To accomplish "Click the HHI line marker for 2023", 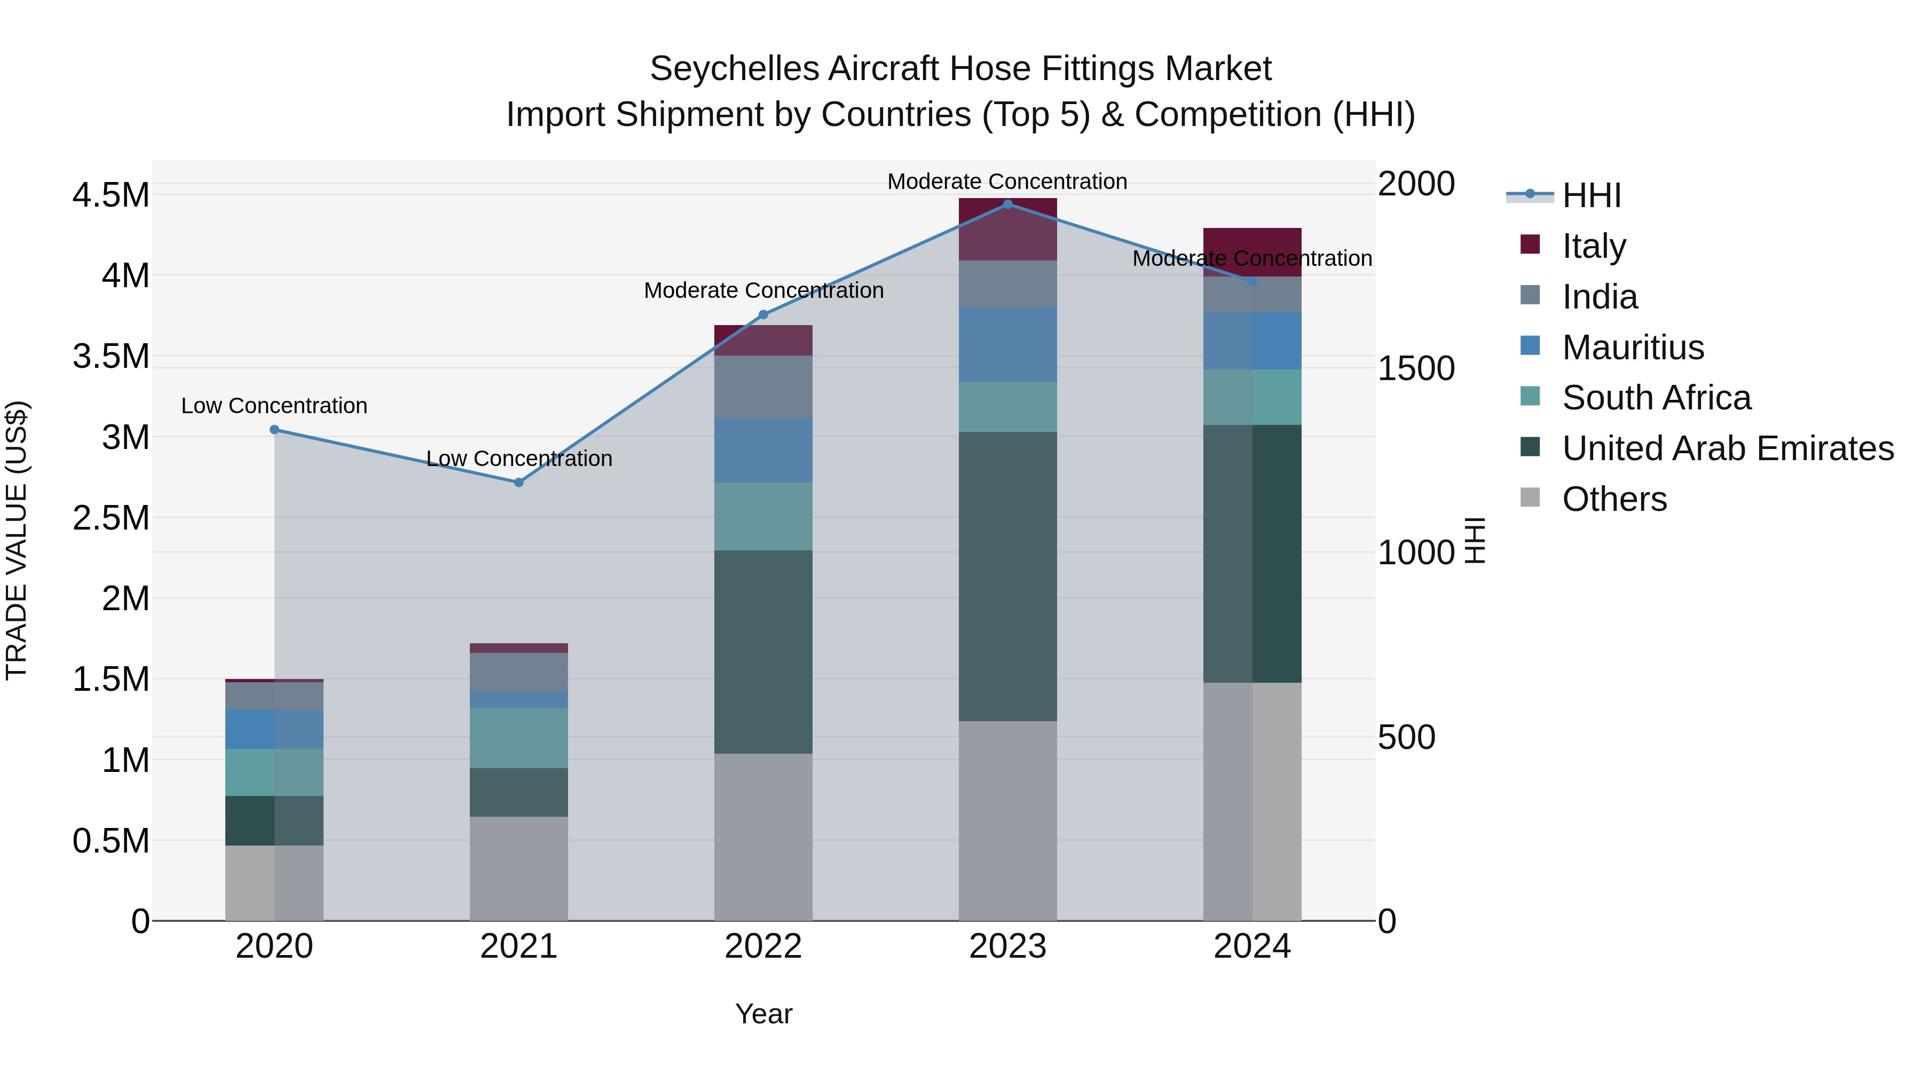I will tap(1007, 204).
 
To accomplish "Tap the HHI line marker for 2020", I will tap(274, 430).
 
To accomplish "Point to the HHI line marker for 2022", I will tap(763, 315).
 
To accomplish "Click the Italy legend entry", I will tap(1593, 246).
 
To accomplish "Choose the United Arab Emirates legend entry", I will tap(1727, 448).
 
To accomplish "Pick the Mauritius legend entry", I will tap(1633, 348).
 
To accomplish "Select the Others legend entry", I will tap(1614, 499).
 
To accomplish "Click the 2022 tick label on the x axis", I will tap(763, 946).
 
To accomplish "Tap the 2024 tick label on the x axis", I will tap(1252, 946).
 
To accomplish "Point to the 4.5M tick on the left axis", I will tap(111, 195).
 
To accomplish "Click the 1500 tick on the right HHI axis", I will tap(1415, 368).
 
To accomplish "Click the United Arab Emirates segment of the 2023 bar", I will tap(1007, 576).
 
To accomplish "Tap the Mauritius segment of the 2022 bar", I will tap(763, 451).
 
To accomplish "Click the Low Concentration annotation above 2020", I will tap(274, 406).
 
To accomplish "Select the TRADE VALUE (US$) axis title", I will tap(17, 540).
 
